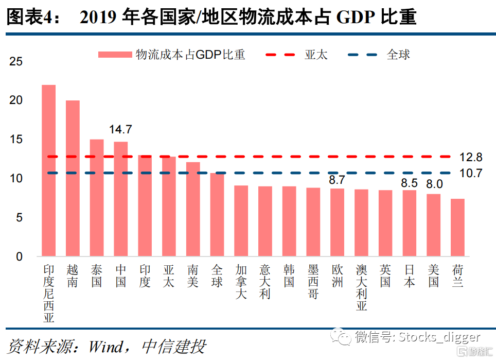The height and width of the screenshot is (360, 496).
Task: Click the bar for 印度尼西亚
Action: click(x=48, y=170)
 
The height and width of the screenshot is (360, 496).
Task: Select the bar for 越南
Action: click(x=73, y=178)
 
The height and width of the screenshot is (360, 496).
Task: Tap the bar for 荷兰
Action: click(x=457, y=227)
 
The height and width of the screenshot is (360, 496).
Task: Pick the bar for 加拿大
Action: click(x=241, y=220)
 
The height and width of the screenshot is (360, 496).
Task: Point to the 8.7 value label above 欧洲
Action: click(x=337, y=180)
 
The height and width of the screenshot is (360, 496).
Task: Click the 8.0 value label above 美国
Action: click(x=434, y=184)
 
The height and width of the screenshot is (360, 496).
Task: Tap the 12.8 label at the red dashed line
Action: click(x=470, y=157)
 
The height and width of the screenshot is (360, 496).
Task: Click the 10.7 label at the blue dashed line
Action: click(x=470, y=174)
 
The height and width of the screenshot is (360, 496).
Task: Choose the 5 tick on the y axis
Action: click(x=19, y=218)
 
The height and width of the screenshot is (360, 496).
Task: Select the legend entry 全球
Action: click(x=398, y=55)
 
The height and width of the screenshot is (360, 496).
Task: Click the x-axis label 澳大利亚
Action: click(x=361, y=288)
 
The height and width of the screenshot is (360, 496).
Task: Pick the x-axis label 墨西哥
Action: click(x=313, y=282)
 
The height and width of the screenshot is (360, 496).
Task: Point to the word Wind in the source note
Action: click(x=106, y=346)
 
